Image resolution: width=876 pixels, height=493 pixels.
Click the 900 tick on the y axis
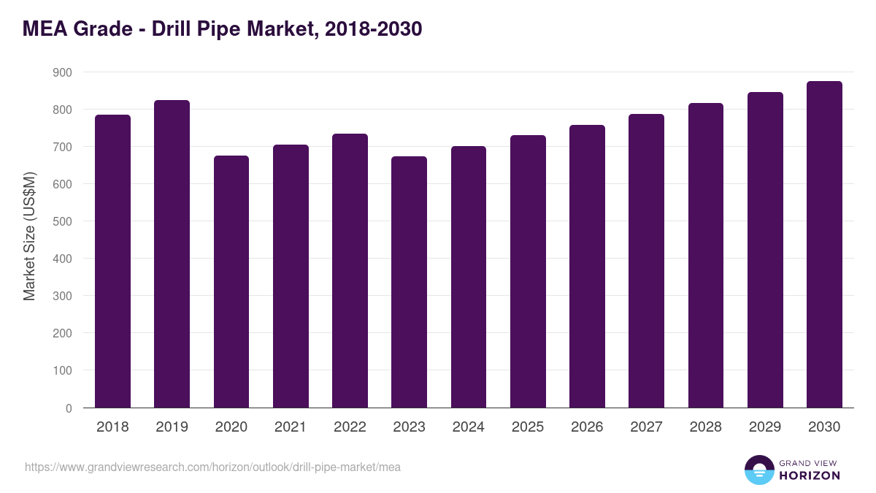point(63,72)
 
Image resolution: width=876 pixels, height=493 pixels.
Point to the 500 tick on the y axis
point(63,221)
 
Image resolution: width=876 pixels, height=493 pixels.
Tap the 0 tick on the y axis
point(69,408)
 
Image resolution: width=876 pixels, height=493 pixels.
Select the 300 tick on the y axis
point(63,296)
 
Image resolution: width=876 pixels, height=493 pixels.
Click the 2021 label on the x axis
point(291,427)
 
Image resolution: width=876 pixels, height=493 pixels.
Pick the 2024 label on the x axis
point(468,427)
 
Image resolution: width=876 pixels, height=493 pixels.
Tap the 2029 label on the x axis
point(765,427)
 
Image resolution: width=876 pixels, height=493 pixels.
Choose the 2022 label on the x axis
point(350,427)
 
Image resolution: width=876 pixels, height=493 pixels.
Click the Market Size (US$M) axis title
point(29,236)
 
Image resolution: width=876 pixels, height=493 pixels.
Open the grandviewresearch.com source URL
point(212,467)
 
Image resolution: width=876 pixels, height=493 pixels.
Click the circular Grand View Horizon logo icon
point(759,470)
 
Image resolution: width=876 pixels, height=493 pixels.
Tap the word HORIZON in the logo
point(810,475)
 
